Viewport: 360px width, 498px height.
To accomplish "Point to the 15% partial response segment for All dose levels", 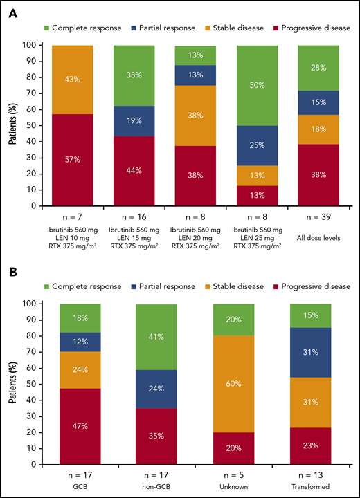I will pos(319,102).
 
